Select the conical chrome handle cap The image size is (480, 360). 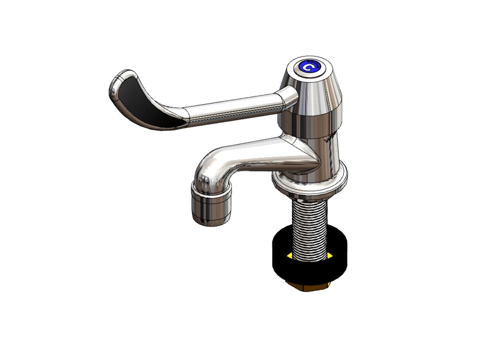316,90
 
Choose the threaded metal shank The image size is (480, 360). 310,228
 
